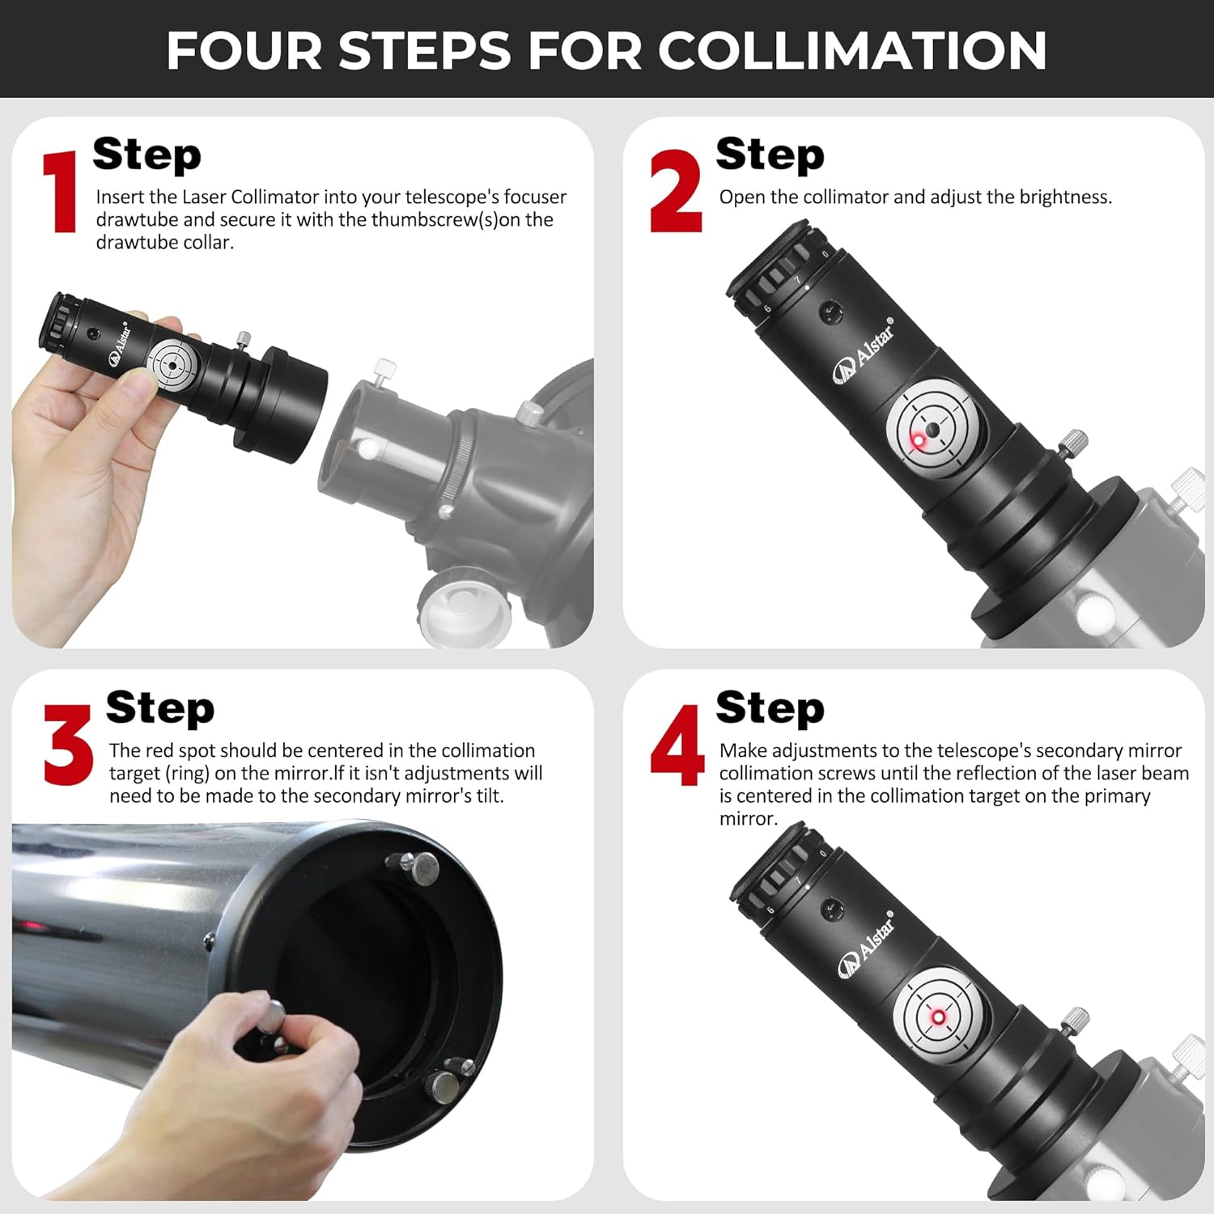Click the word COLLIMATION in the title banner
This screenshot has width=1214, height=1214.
coord(851,50)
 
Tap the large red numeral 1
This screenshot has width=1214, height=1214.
coord(60,193)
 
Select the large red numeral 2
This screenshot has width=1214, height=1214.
coord(675,193)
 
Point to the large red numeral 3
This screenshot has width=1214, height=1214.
coord(68,745)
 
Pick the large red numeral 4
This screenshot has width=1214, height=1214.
coord(677,745)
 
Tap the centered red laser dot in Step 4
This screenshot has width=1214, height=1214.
coord(939,1017)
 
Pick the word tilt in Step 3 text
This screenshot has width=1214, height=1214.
coord(488,796)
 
